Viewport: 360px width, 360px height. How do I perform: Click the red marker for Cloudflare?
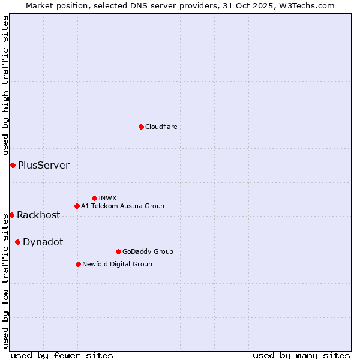coord(141,127)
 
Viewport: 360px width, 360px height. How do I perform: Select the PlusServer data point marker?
coord(13,165)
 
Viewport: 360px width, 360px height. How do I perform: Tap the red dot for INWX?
coord(94,198)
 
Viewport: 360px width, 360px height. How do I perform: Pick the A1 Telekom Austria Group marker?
coord(77,206)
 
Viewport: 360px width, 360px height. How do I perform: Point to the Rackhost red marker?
coord(11,215)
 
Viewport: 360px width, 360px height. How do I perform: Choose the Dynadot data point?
coord(17,242)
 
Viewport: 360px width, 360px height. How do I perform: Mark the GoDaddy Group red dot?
coord(118,251)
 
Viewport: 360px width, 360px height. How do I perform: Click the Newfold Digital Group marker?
coord(78,264)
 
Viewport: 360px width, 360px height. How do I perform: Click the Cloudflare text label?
coord(161,127)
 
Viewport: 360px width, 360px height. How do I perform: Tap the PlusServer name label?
coord(43,165)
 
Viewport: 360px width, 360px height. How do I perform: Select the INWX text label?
coord(107,198)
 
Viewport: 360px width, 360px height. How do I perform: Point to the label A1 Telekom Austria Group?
coord(122,206)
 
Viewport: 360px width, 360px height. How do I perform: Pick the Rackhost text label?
coord(38,215)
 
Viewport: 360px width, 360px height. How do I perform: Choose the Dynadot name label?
coord(43,242)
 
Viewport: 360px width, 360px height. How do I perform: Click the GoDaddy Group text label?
coord(148,251)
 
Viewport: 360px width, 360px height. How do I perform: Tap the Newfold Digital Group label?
coord(117,264)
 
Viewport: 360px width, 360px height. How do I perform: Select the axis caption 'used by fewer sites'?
coord(62,355)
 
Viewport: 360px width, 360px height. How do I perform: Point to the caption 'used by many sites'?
coord(301,355)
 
